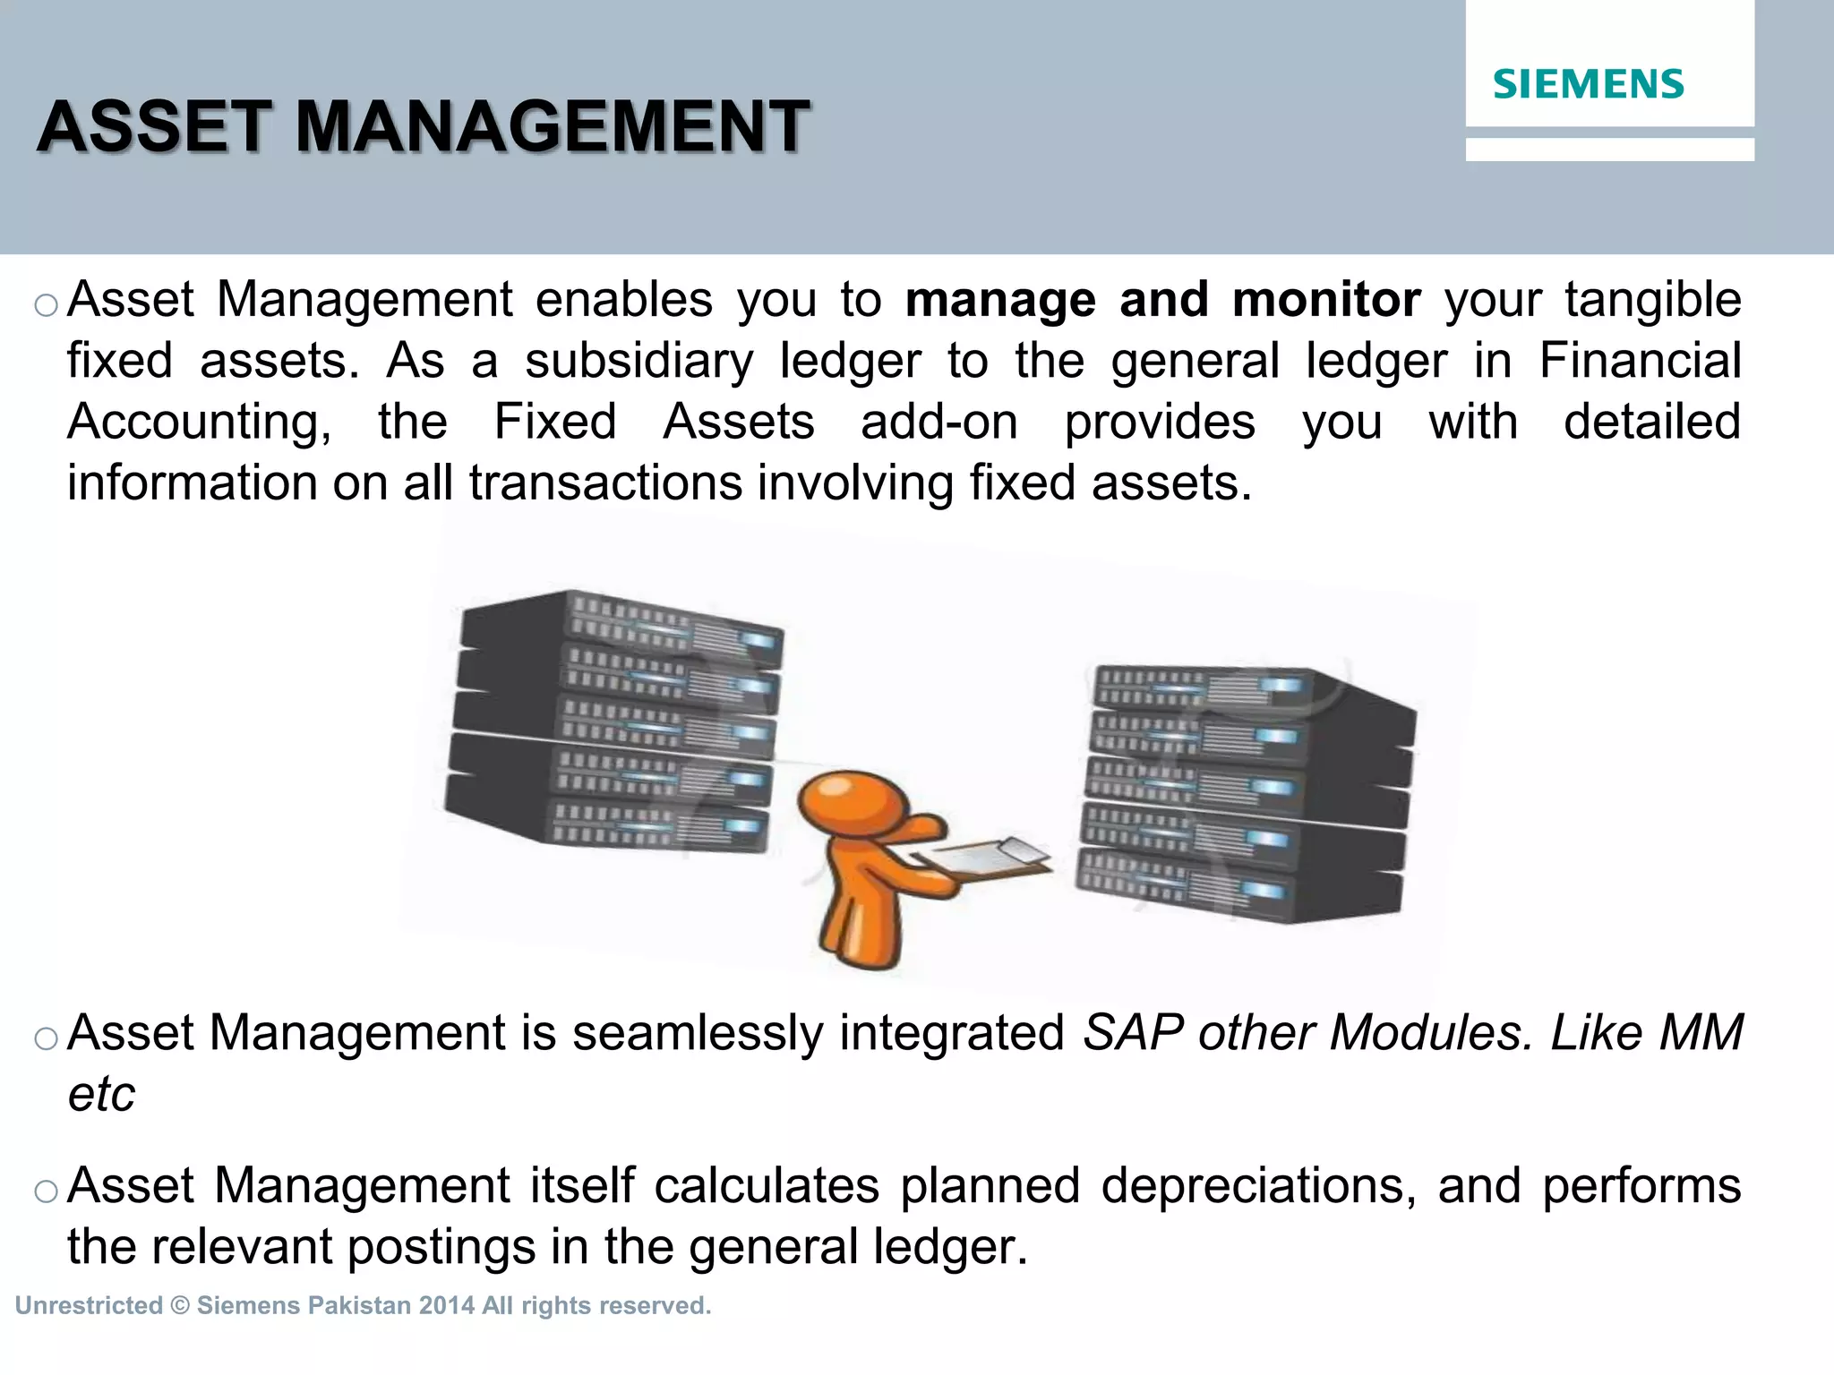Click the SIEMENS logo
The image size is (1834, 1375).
1588,84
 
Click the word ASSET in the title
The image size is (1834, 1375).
153,127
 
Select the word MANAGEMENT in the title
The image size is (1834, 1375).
552,127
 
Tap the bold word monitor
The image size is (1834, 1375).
1326,300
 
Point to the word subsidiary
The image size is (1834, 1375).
639,362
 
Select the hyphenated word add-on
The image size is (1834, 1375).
939,423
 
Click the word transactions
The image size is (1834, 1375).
605,483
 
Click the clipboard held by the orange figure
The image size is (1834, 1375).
985,856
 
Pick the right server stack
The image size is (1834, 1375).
1247,792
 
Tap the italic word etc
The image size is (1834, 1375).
101,1094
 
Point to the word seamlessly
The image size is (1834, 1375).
698,1033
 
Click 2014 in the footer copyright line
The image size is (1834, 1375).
446,1306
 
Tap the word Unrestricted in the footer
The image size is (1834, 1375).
89,1306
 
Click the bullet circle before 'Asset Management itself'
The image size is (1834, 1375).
46,1191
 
